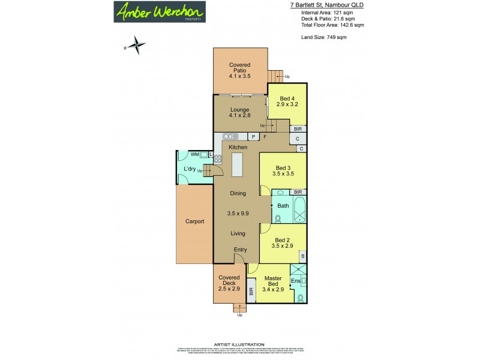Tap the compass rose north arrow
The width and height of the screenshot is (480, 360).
137,44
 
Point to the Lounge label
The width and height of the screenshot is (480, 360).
239,112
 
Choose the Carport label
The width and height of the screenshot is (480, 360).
194,221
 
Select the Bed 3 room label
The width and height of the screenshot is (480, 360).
283,171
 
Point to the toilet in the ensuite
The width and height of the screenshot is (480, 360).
300,297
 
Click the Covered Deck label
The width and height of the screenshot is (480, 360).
229,281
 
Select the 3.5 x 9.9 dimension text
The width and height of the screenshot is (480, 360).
238,213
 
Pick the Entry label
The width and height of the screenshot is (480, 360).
241,250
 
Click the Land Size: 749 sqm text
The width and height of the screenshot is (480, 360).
323,38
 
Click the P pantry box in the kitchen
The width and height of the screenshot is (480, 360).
254,137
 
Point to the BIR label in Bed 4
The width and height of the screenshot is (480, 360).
298,129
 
